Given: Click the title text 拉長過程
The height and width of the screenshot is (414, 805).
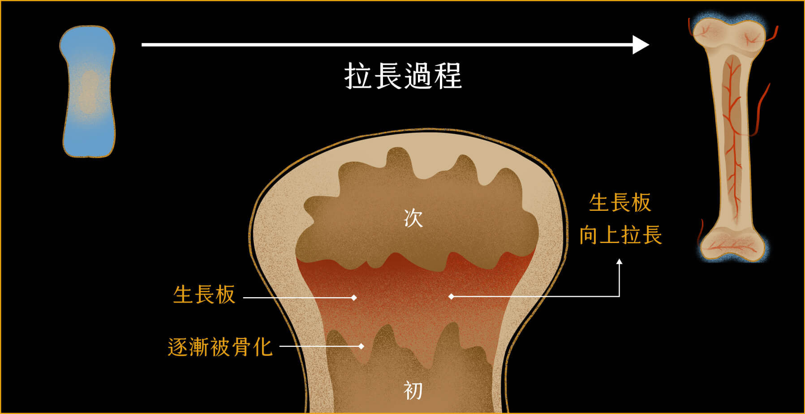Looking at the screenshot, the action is click(403, 76).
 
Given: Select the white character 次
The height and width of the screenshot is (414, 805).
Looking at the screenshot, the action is click(413, 218).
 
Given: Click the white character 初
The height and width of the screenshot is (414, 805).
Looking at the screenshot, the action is click(413, 390).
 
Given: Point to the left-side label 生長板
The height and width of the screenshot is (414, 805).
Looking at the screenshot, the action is click(204, 295).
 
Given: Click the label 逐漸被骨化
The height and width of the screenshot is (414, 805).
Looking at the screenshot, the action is click(220, 347).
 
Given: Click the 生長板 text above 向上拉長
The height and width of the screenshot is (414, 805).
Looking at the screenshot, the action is click(620, 203).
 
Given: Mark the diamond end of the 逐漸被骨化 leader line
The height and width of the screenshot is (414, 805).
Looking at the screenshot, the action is click(361, 346).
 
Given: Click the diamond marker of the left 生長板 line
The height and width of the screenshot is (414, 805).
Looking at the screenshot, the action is click(354, 298).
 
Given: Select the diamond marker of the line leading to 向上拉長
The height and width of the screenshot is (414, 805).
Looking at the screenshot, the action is click(451, 296).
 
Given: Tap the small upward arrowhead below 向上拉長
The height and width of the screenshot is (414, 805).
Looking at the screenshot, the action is click(619, 262).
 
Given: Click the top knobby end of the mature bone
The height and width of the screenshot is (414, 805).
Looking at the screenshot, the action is click(728, 34).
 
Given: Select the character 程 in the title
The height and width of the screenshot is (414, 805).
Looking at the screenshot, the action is click(448, 76).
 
